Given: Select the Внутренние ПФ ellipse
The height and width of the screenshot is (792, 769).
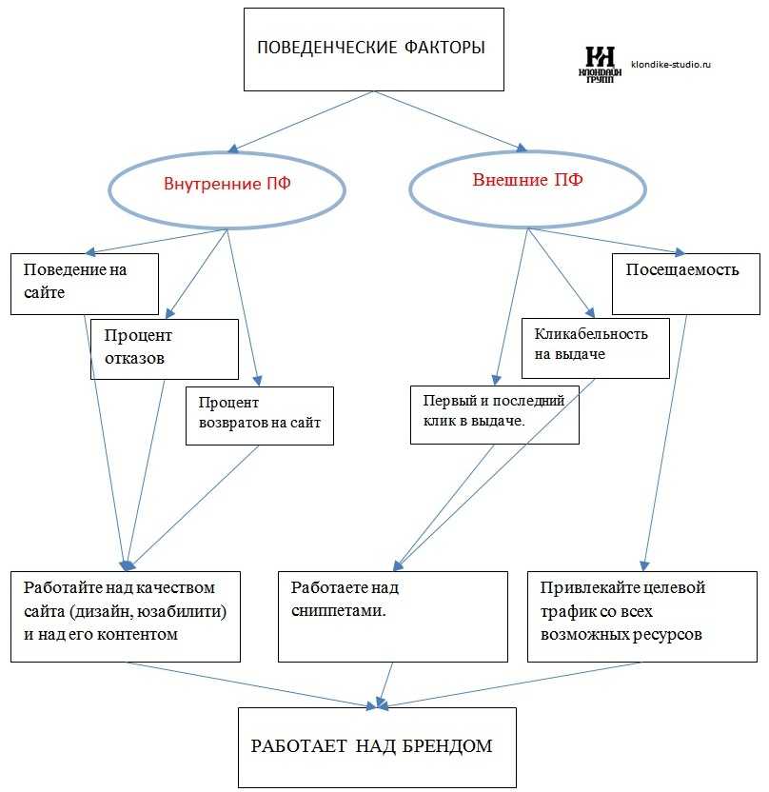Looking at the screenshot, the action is tap(227, 152).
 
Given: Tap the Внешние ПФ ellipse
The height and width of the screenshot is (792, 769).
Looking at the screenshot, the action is tap(527, 152).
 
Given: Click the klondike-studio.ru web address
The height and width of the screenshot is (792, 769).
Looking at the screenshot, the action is tap(671, 64).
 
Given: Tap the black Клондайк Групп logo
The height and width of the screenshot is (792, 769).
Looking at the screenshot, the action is tap(600, 64).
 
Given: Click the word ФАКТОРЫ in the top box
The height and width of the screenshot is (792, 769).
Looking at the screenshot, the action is tap(444, 48).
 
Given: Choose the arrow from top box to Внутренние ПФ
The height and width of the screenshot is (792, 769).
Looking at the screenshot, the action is tap(301, 122).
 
